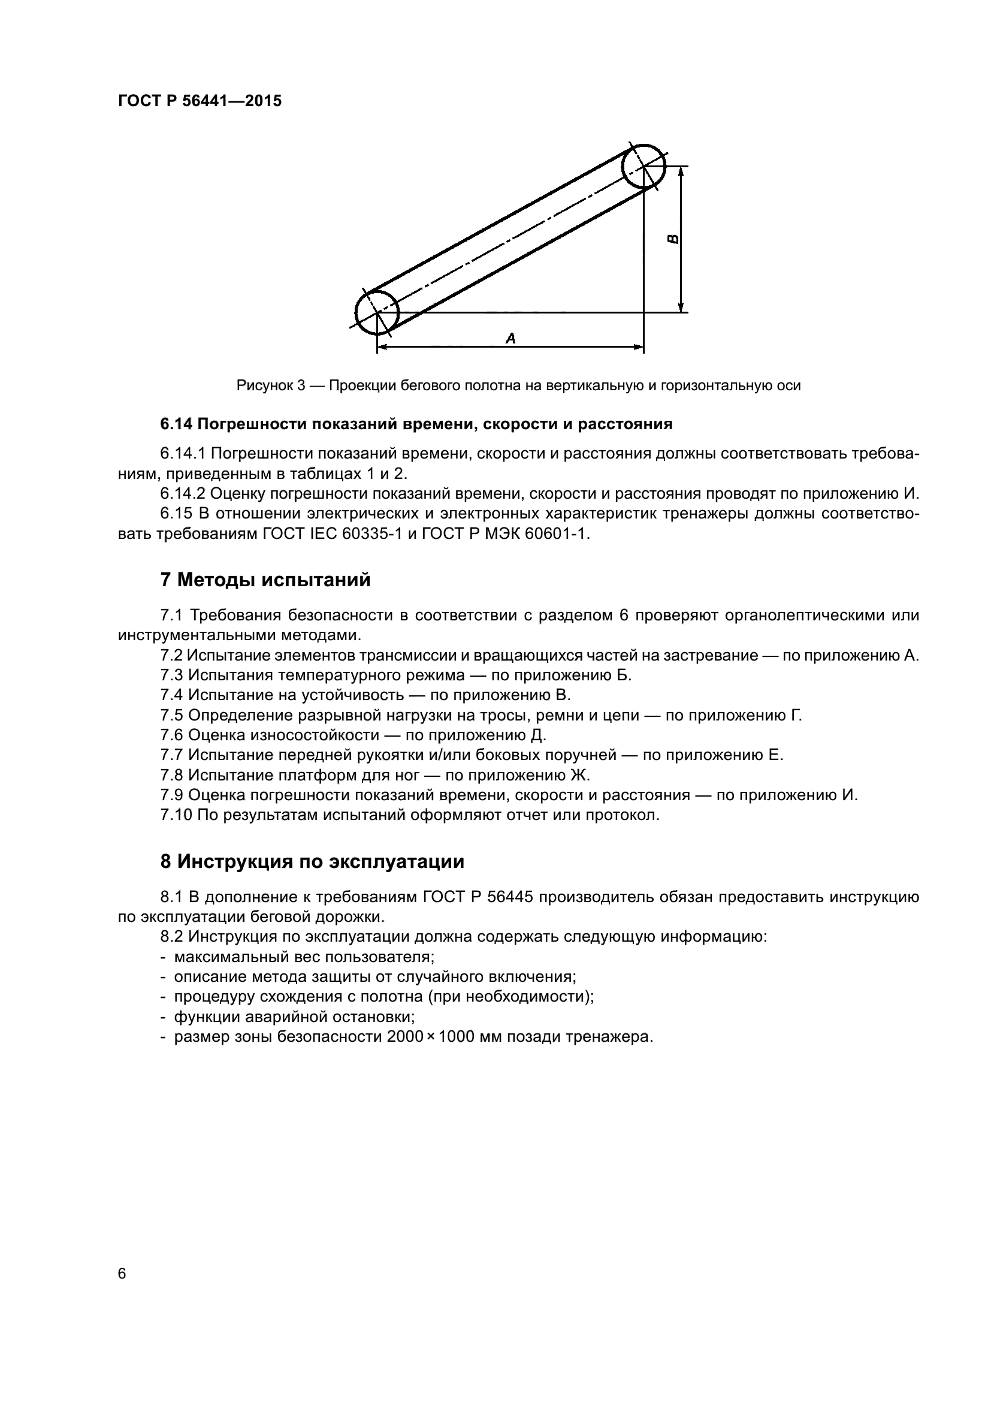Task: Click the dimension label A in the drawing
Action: [510, 337]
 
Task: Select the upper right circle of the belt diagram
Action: [643, 167]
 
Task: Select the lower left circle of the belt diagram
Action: [377, 313]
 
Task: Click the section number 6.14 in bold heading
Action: [176, 424]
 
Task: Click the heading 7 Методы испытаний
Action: [265, 580]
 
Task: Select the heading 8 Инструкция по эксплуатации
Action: [312, 861]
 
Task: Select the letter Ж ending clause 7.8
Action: [580, 775]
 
